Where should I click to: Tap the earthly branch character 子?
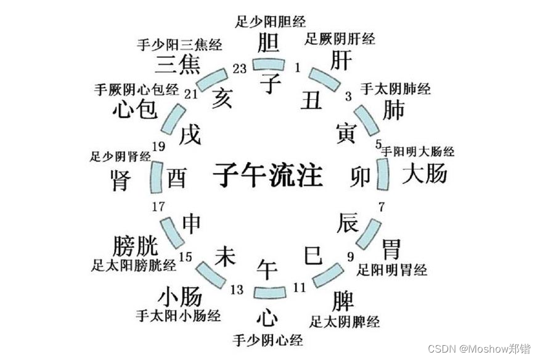(269, 81)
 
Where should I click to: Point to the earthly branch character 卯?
(361, 177)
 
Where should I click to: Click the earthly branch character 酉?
(176, 178)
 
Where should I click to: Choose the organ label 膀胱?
(135, 246)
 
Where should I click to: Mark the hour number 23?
(240, 68)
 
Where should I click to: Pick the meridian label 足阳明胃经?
(392, 269)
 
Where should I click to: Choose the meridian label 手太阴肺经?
(395, 89)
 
